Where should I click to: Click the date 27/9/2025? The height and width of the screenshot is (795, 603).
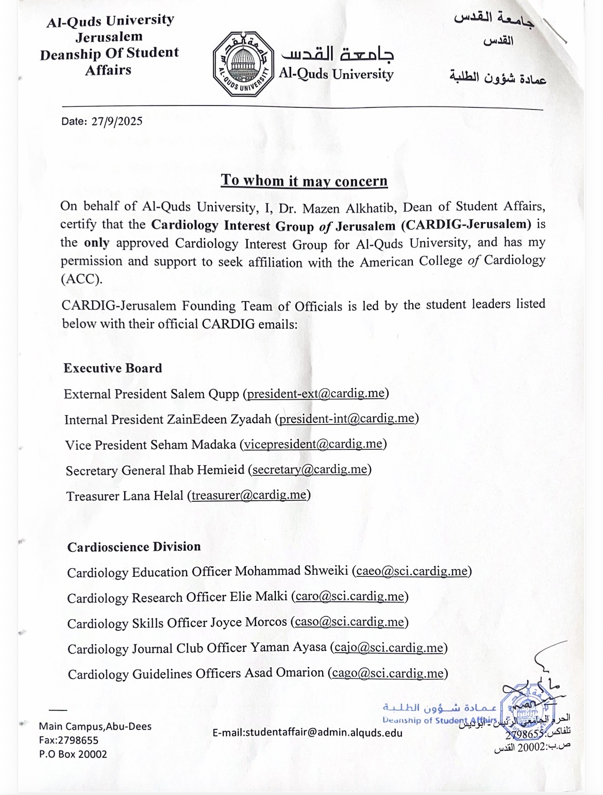pos(117,122)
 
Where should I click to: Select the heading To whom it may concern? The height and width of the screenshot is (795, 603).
pos(304,180)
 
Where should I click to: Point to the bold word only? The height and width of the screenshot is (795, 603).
pos(96,243)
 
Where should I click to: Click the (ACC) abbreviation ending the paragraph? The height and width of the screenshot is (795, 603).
pos(81,279)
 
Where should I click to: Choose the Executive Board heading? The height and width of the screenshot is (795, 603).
pos(113,368)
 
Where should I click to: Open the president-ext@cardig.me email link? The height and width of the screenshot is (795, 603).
pos(316,393)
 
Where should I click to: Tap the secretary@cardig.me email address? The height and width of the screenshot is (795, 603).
pos(310,469)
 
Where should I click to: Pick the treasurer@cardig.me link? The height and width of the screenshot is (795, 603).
pos(249,495)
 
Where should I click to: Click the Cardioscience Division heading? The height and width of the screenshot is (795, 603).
pos(134,547)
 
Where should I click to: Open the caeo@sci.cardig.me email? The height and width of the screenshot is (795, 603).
pos(412,571)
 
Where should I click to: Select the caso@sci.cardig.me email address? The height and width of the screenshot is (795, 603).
pos(349,622)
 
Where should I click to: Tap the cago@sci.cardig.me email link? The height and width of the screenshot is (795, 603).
pos(388,673)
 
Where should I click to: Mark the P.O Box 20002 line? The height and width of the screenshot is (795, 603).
pos(73,754)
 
